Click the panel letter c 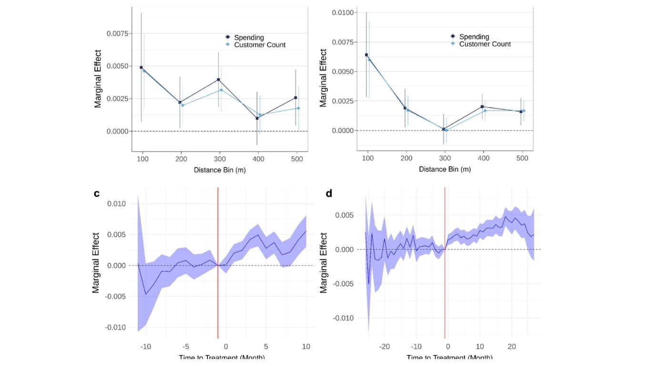[97, 193]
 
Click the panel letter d [329, 193]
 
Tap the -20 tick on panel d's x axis [385, 346]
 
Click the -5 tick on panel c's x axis [186, 346]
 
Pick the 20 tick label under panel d [511, 346]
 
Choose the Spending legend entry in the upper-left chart [249, 38]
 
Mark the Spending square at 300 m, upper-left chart [218, 80]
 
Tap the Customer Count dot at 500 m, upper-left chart [298, 108]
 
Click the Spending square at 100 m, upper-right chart [366, 55]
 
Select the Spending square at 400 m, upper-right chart [482, 107]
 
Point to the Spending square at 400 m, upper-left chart [257, 118]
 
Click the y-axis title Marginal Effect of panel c [96, 263]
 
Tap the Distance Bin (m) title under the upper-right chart [445, 170]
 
